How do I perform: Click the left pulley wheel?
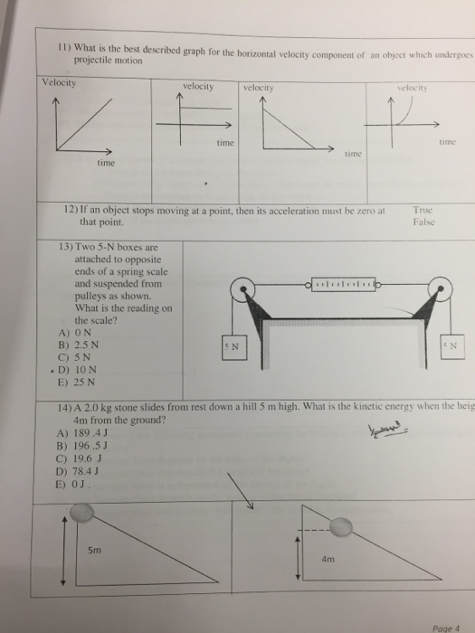click(x=242, y=290)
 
